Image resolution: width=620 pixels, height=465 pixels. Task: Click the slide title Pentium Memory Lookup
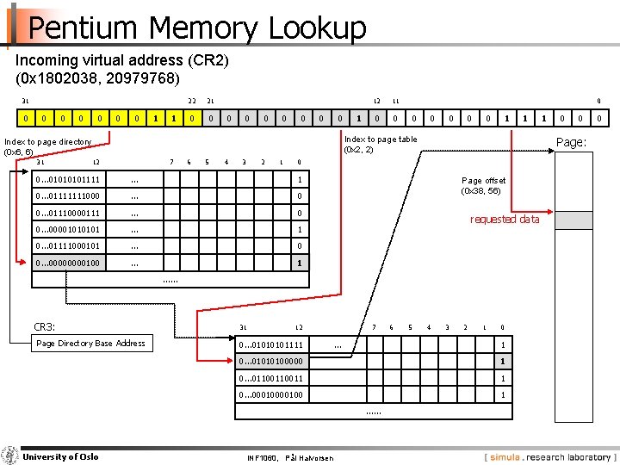(x=196, y=28)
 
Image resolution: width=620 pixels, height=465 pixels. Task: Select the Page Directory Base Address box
(x=90, y=344)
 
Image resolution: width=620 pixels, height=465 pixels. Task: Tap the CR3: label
(x=44, y=326)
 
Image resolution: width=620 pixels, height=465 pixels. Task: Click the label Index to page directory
(x=47, y=142)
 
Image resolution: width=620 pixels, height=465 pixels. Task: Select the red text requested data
(x=504, y=220)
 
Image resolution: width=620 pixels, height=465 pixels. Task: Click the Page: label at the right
(x=571, y=142)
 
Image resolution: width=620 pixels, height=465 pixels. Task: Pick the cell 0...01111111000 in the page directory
(x=68, y=196)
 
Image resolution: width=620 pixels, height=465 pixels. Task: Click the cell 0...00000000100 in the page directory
(x=68, y=263)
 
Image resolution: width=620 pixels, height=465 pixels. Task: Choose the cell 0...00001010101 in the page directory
(x=68, y=230)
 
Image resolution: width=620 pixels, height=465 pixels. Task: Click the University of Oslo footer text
(x=60, y=456)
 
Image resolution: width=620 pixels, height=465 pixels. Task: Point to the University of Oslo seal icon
(x=10, y=456)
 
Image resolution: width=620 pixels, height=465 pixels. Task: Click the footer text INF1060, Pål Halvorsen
(x=290, y=457)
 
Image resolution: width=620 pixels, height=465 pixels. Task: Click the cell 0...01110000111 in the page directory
(x=68, y=213)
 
